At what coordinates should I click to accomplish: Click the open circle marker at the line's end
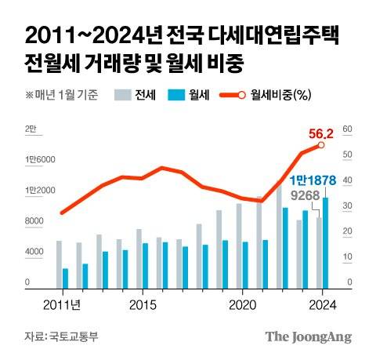[321, 145]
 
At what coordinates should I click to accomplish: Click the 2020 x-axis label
[242, 303]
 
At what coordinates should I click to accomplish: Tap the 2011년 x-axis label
[62, 303]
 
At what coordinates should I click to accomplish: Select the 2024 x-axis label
[322, 303]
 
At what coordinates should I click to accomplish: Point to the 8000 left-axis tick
[33, 221]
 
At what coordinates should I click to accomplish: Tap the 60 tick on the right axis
[349, 130]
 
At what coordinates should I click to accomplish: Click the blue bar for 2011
[65, 278]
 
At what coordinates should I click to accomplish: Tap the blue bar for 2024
[325, 243]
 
